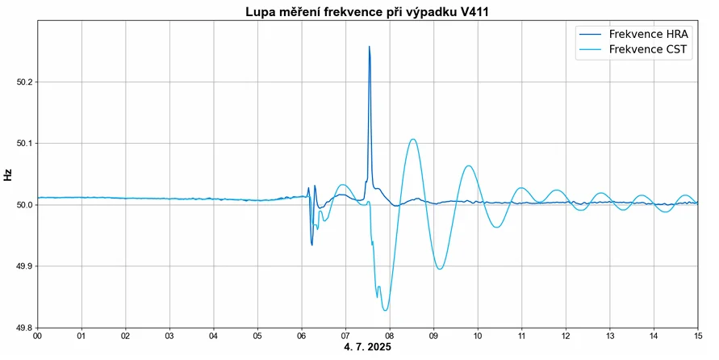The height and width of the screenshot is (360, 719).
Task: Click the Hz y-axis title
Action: [x=8, y=174]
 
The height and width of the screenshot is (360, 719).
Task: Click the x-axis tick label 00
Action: [x=38, y=336]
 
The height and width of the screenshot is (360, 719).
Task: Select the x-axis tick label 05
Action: [x=257, y=336]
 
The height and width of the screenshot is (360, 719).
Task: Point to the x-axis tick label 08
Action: [x=390, y=336]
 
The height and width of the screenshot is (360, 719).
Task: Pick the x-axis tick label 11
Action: [x=522, y=336]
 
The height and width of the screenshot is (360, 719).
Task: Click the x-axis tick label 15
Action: [x=698, y=336]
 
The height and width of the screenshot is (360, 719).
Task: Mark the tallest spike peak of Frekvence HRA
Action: [x=369, y=47]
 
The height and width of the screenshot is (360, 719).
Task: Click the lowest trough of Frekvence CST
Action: [x=386, y=310]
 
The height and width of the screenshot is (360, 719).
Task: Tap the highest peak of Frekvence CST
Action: [x=413, y=140]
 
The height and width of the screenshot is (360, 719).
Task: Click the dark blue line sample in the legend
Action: [x=591, y=35]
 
